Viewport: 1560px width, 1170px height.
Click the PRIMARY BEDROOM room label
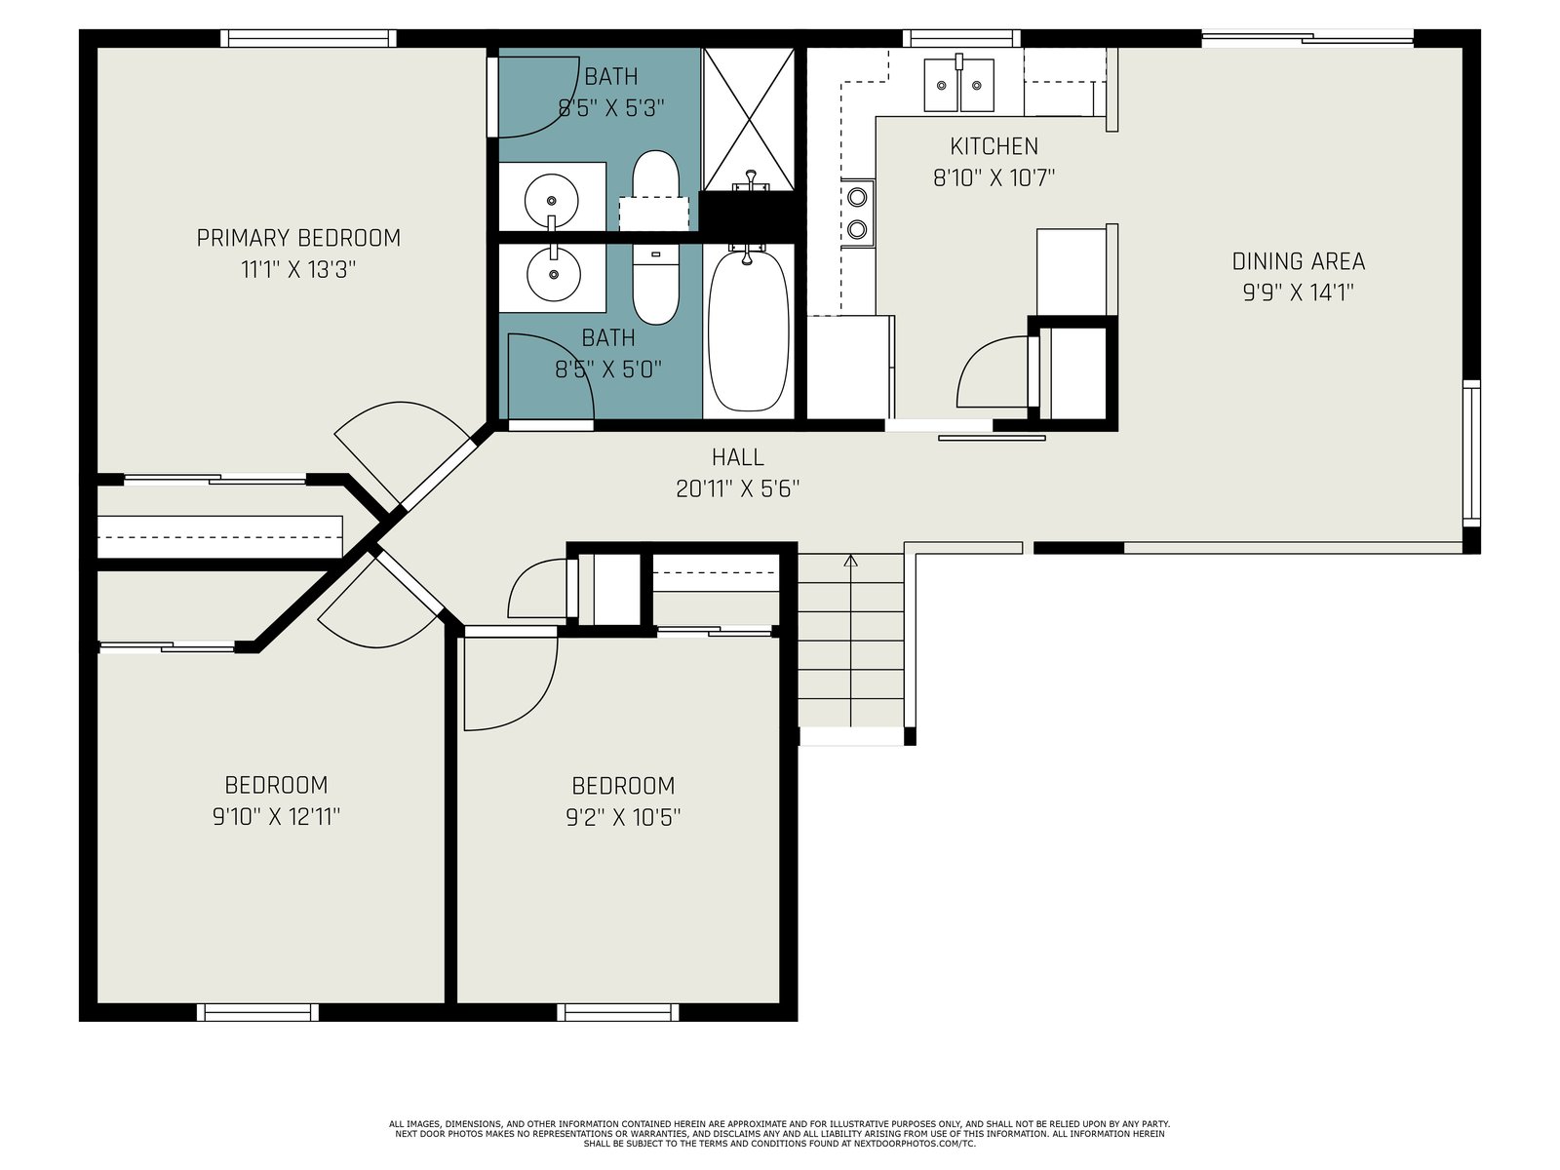(x=298, y=238)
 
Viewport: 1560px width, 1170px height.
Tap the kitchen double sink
(x=958, y=85)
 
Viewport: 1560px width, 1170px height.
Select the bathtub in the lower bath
(x=748, y=330)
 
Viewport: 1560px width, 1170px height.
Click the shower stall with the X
(x=749, y=119)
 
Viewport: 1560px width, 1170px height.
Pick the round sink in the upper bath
(x=552, y=200)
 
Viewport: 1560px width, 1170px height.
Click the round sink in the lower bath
(x=554, y=274)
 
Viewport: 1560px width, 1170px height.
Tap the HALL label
(x=738, y=456)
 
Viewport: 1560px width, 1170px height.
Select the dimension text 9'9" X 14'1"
(x=1298, y=292)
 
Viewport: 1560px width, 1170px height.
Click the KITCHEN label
(x=994, y=146)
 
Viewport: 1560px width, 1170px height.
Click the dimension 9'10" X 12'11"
(x=277, y=817)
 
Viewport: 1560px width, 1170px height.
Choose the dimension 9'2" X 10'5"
(x=623, y=818)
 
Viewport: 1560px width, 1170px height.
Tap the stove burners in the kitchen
(x=858, y=212)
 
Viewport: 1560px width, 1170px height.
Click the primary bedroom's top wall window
(x=308, y=38)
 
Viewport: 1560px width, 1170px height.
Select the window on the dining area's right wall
(x=1471, y=453)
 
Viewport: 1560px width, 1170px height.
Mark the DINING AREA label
(x=1299, y=262)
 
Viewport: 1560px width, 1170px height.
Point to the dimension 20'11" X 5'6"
(x=738, y=488)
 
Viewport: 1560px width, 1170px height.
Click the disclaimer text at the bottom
(x=780, y=1134)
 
